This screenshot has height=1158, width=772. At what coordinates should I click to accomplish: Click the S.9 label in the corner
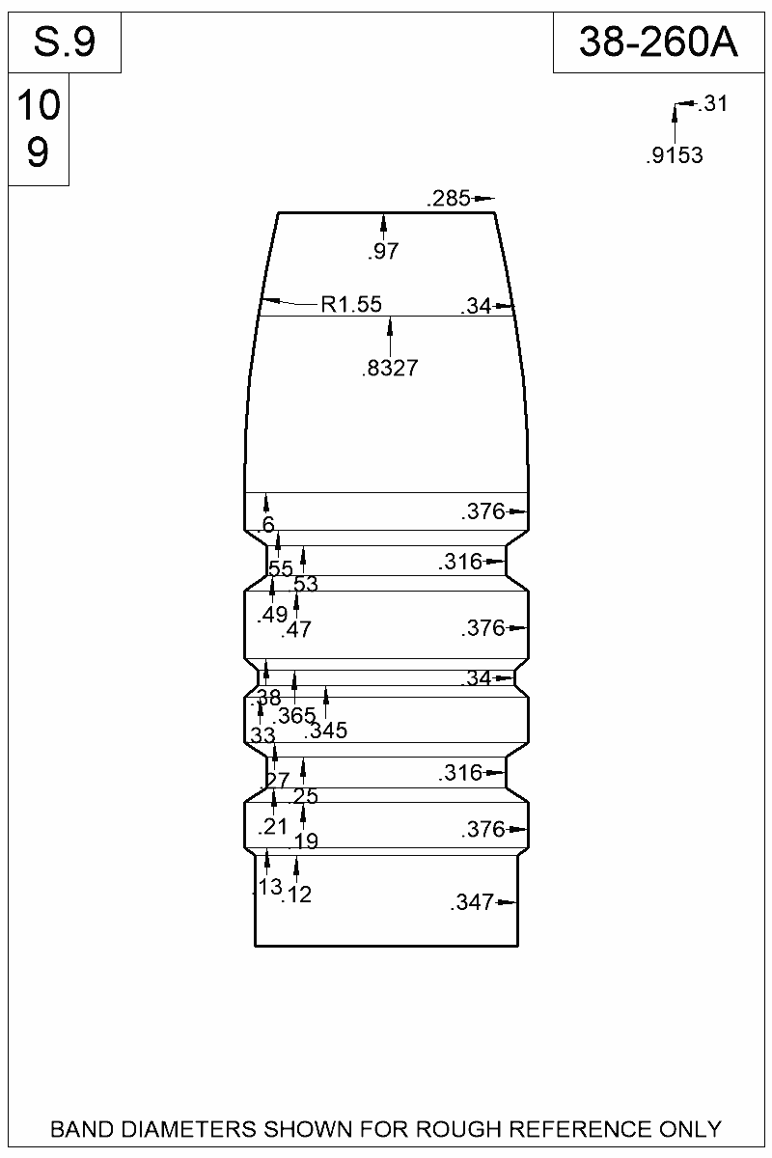tap(64, 42)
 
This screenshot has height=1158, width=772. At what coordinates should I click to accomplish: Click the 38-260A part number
tap(658, 42)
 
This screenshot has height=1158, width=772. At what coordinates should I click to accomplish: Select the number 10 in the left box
tap(39, 107)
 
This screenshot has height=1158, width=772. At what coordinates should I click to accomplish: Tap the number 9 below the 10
tap(39, 152)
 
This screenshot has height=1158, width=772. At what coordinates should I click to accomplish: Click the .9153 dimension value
tap(674, 155)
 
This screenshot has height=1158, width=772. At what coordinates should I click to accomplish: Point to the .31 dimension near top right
tap(710, 104)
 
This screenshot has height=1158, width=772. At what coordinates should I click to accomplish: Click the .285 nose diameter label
tap(448, 200)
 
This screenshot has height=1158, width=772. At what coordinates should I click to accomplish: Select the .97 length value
tap(383, 252)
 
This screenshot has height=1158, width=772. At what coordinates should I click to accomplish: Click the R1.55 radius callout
tap(351, 305)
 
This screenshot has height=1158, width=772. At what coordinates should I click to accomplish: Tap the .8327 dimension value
tap(390, 368)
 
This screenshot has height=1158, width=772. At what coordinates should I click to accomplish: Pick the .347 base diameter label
tap(472, 903)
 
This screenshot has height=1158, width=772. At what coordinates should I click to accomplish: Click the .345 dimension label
tap(325, 731)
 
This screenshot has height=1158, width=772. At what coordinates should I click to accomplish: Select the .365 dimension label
tap(294, 716)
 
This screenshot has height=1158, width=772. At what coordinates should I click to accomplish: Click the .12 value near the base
tap(296, 896)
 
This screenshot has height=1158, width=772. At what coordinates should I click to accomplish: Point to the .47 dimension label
tap(296, 631)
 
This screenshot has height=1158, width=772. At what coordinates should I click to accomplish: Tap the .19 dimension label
tap(304, 842)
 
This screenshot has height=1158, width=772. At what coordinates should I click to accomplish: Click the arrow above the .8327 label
tap(390, 338)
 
